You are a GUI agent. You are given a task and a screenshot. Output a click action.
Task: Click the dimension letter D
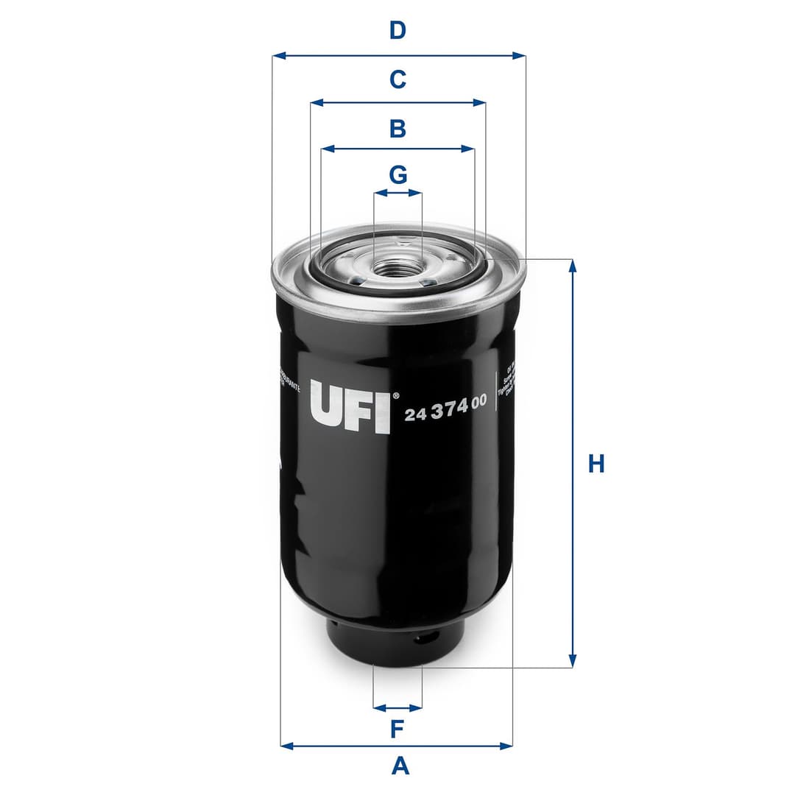pyautogui.click(x=397, y=31)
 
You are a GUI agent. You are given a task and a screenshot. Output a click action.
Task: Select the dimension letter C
pyautogui.click(x=397, y=79)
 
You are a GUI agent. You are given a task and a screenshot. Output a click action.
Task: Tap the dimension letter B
pyautogui.click(x=397, y=129)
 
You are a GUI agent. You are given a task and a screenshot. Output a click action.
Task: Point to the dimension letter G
pyautogui.click(x=397, y=175)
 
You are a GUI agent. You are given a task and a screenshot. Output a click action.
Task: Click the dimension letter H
pyautogui.click(x=596, y=464)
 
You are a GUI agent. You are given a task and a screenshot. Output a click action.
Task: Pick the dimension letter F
pyautogui.click(x=397, y=729)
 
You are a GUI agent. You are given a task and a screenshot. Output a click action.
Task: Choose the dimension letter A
pyautogui.click(x=400, y=766)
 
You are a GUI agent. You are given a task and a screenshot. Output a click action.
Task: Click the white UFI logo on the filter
pyautogui.click(x=350, y=406)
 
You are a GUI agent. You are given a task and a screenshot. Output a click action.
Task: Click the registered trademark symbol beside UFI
pyautogui.click(x=396, y=395)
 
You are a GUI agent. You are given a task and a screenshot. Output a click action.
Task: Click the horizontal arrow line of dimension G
pyautogui.click(x=397, y=193)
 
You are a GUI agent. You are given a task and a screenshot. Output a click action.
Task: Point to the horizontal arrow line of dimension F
pyautogui.click(x=397, y=708)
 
